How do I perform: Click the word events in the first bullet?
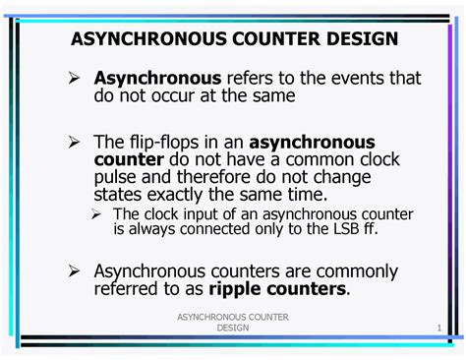(324, 78)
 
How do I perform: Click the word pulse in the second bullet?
(119, 178)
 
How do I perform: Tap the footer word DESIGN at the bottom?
(232, 328)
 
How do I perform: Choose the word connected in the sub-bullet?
(213, 229)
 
